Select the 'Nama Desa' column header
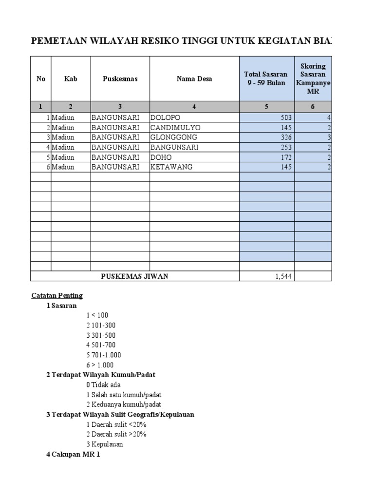click(194, 79)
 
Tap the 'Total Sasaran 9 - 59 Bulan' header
click(266, 79)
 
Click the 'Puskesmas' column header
click(120, 79)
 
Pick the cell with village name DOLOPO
click(165, 118)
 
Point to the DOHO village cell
click(161, 157)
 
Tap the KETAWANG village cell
click(171, 167)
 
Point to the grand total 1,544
click(283, 277)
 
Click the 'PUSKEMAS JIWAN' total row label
click(134, 276)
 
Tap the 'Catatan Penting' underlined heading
click(57, 295)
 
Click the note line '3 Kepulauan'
click(105, 444)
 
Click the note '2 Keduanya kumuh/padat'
click(124, 404)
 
